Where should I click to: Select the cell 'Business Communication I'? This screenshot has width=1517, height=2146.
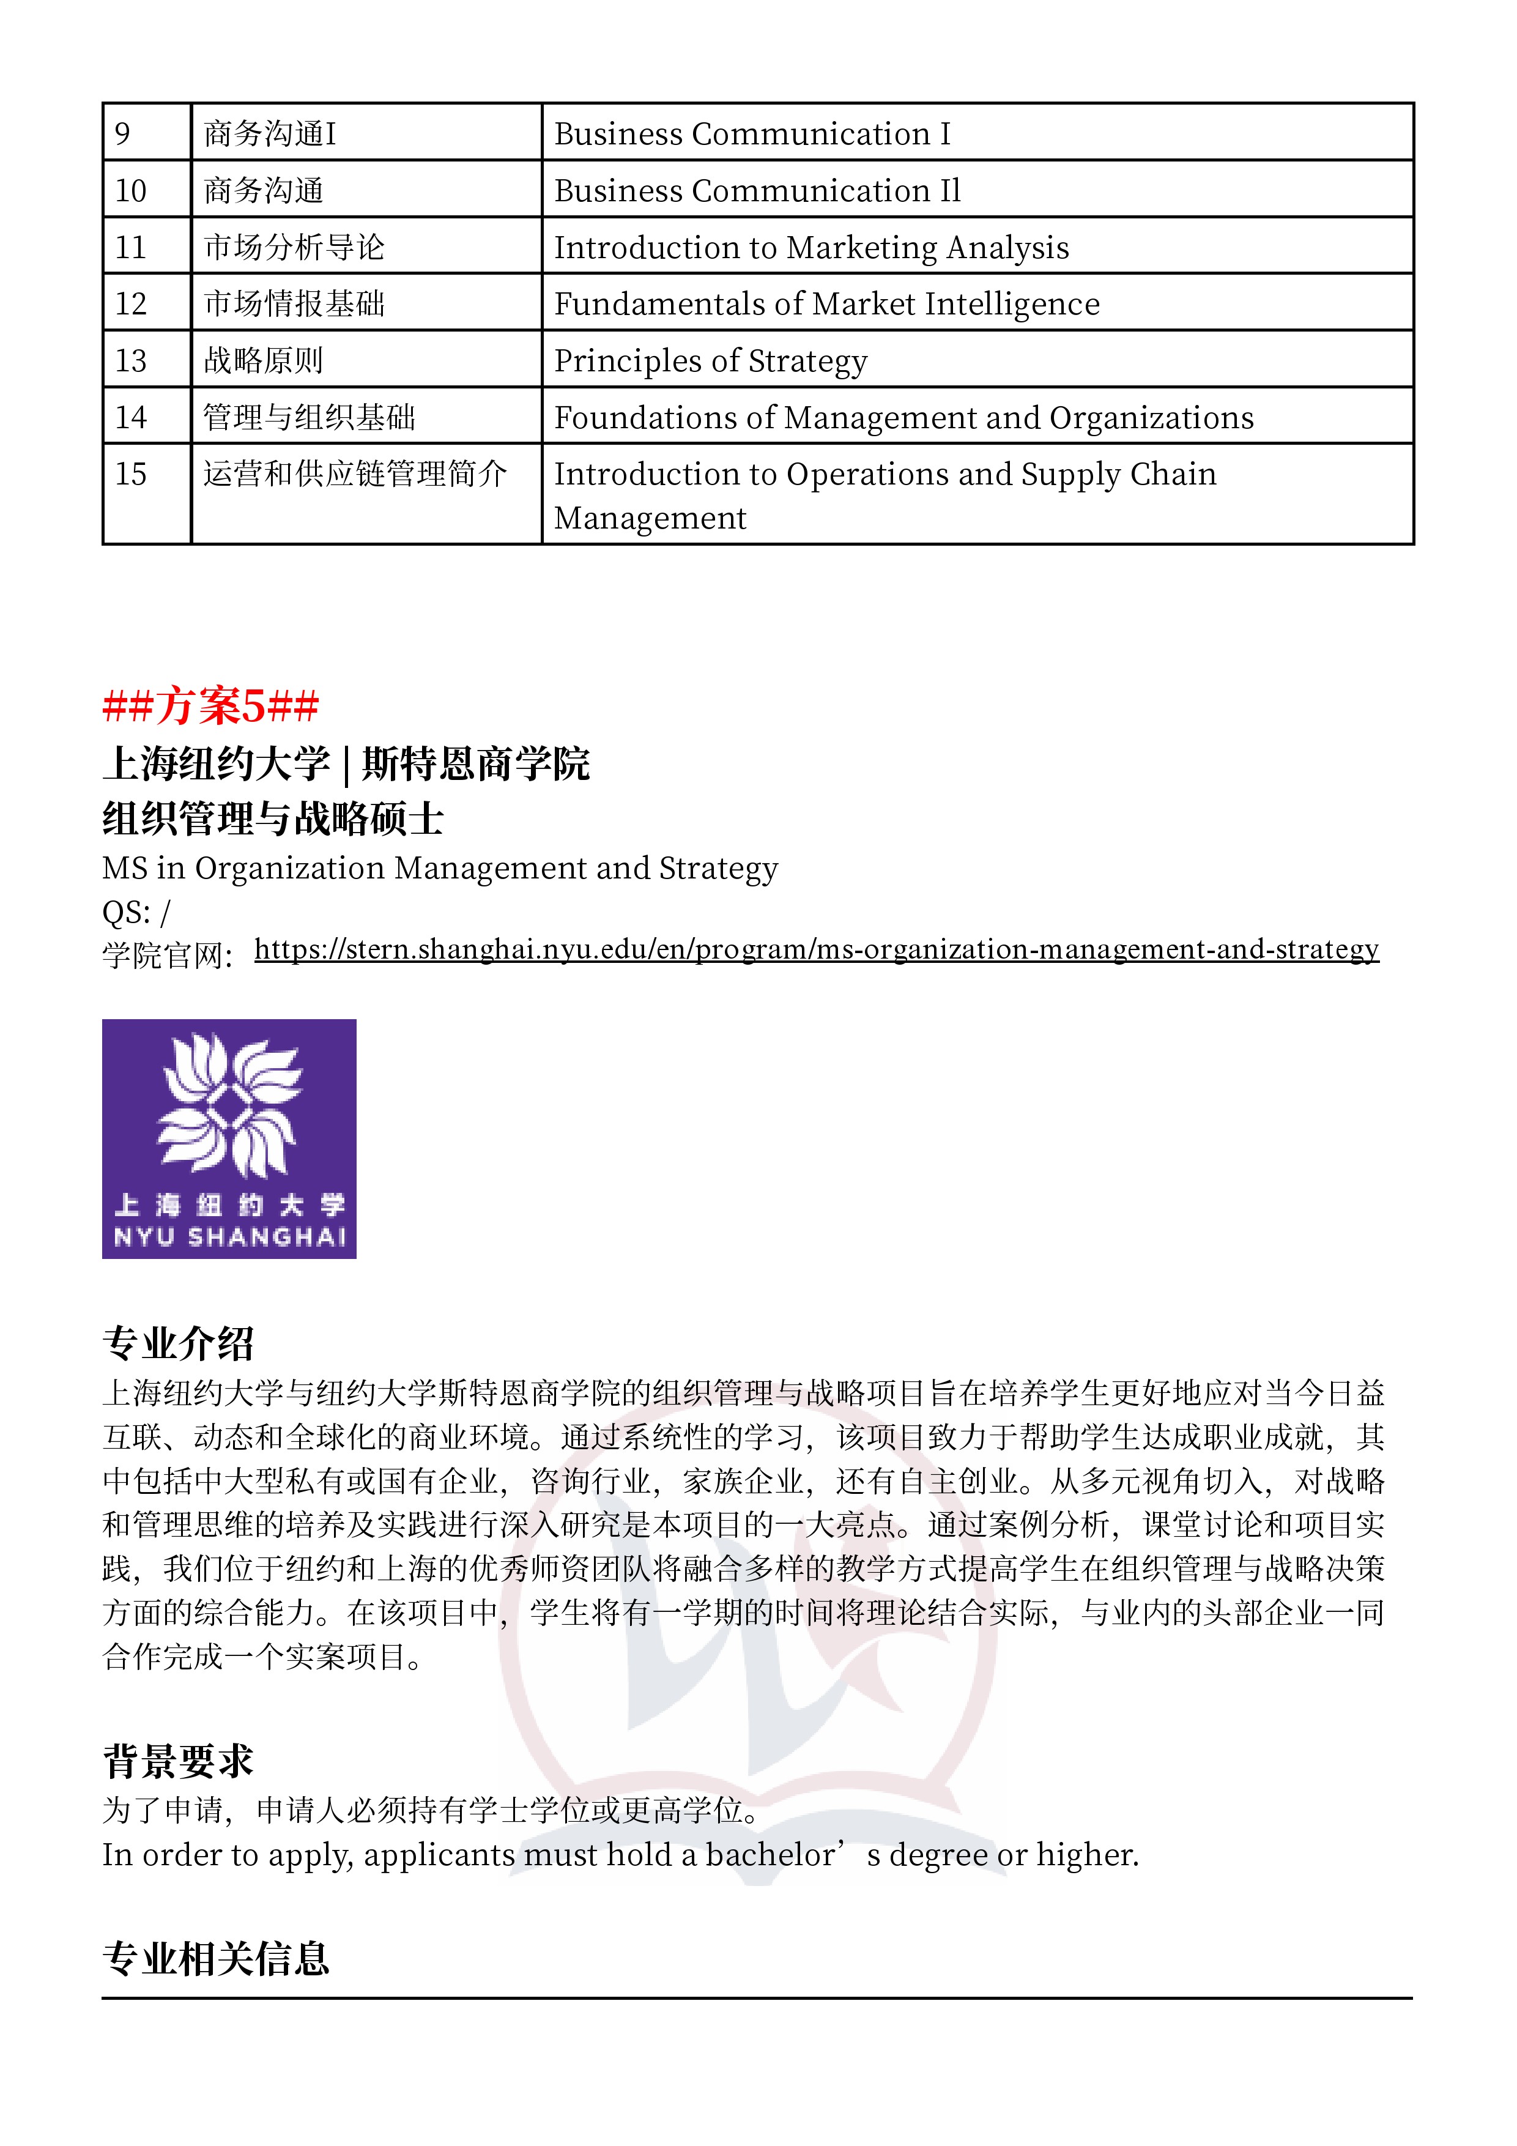752,133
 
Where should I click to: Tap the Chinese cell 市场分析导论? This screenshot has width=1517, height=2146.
294,247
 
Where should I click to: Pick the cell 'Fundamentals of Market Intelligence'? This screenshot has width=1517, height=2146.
826,304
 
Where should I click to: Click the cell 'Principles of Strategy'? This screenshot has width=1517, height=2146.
710,361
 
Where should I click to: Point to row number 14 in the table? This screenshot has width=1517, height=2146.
131,417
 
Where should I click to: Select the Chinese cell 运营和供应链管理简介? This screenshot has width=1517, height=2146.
355,474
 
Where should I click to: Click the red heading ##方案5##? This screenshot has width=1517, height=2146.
210,706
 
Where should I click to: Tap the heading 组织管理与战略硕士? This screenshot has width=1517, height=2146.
272,819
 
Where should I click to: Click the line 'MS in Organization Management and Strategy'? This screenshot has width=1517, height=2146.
439,868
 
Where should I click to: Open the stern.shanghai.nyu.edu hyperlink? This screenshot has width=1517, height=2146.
816,949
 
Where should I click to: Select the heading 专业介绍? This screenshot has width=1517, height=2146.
177,1343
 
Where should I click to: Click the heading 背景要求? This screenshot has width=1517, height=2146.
177,1761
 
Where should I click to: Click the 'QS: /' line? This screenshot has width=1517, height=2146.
136,912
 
